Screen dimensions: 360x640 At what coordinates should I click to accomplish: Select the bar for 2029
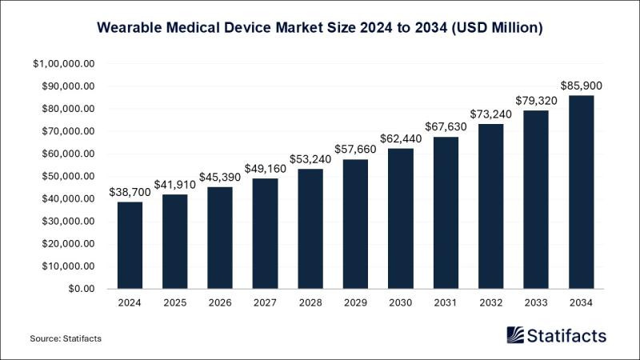pyautogui.click(x=354, y=224)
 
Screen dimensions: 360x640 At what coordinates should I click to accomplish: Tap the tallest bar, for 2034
pyautogui.click(x=580, y=192)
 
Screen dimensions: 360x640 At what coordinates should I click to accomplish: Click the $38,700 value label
pyautogui.click(x=130, y=191)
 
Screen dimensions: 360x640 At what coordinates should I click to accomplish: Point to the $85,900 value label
pyautogui.click(x=580, y=85)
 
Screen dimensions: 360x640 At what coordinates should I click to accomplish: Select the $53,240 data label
pyautogui.click(x=310, y=158)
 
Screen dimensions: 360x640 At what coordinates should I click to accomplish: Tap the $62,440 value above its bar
pyautogui.click(x=400, y=138)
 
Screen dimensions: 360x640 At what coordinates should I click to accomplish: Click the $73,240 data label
pyautogui.click(x=490, y=113)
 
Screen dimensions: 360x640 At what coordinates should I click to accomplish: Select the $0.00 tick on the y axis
pyautogui.click(x=81, y=289)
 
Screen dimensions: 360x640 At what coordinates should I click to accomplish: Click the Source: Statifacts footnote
pyautogui.click(x=66, y=339)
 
